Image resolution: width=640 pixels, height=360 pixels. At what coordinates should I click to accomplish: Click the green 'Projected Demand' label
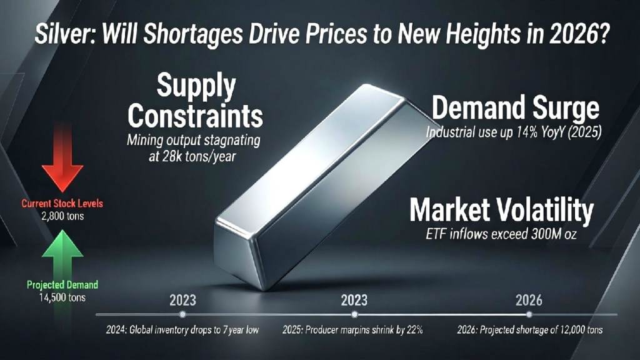62,285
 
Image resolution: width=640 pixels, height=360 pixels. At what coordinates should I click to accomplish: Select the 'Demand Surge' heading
516,109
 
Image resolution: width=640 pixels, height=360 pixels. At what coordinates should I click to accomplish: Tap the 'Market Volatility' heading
501,211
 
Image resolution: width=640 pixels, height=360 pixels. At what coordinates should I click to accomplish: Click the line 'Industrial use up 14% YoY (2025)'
512,133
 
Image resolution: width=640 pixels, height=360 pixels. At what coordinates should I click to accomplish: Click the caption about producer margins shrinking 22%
354,330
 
